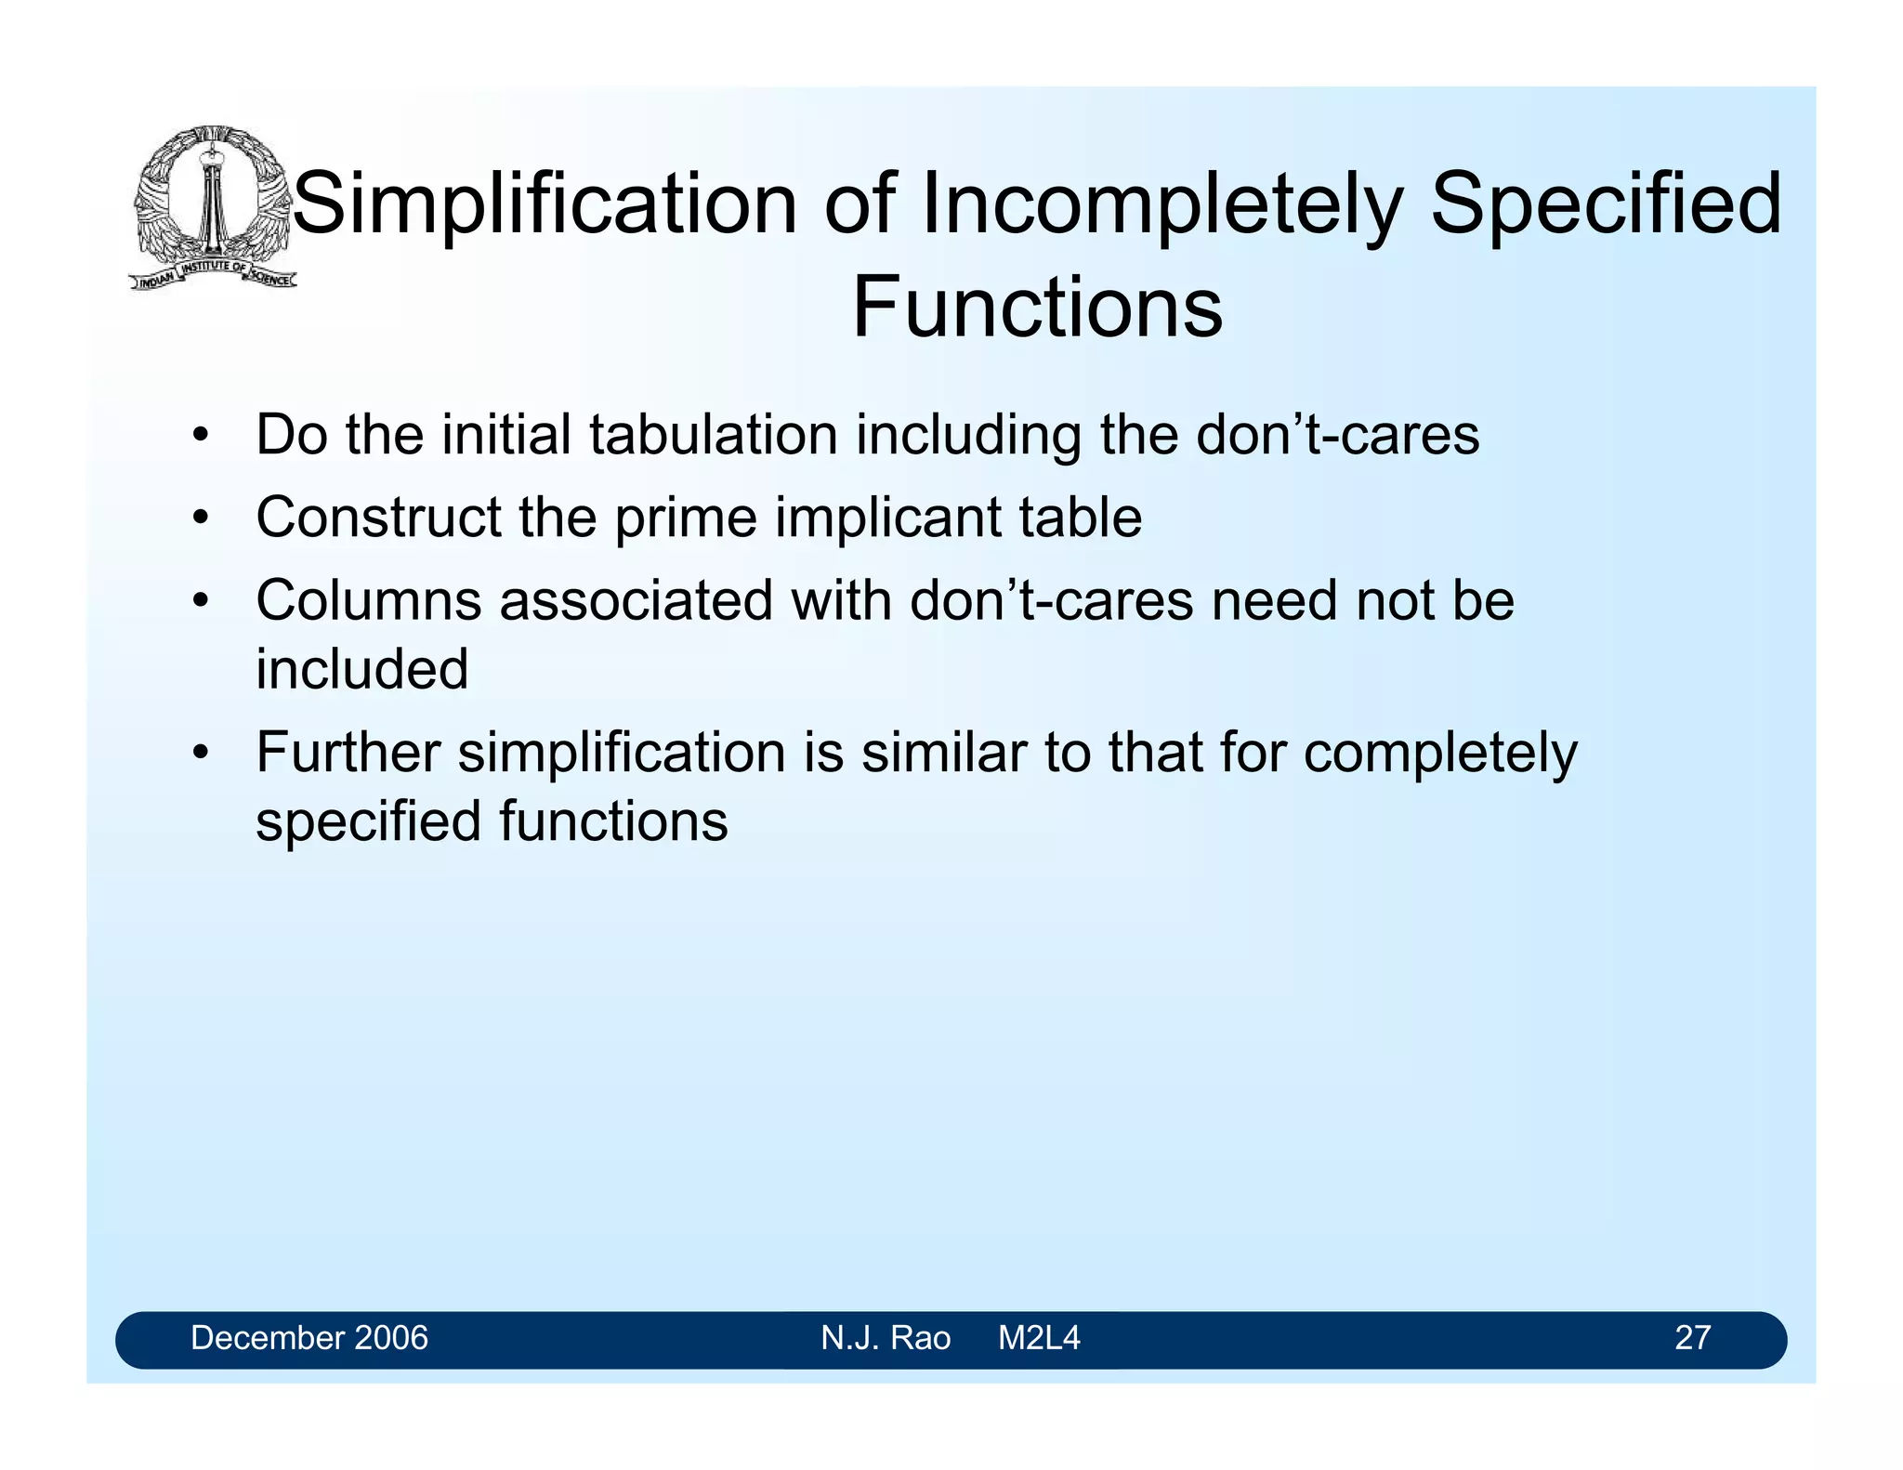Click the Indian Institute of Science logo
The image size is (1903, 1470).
pos(212,206)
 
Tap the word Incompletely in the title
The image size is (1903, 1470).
pos(1161,203)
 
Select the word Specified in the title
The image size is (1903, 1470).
pos(1606,203)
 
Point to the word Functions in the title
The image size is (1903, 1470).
pos(1037,308)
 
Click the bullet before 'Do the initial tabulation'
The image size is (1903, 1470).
pos(200,436)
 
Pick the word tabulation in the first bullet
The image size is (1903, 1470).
pos(713,435)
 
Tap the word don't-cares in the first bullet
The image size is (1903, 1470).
pos(1337,435)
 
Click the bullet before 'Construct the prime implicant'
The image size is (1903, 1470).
pos(200,518)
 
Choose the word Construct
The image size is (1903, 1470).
pos(378,518)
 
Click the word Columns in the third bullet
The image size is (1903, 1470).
pos(368,600)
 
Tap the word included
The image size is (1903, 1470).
pos(361,669)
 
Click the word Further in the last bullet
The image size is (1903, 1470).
pos(348,752)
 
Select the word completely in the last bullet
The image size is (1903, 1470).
pos(1439,752)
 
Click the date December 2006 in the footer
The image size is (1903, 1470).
pos(308,1338)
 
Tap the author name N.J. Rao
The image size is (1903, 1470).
pos(885,1338)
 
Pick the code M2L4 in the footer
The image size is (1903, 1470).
pos(1038,1338)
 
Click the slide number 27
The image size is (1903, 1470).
pos(1691,1338)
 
